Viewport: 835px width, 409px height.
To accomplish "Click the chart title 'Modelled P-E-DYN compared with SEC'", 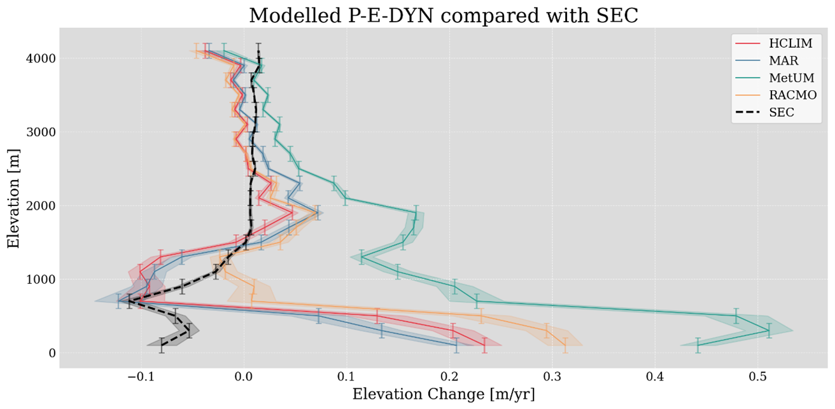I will (443, 15).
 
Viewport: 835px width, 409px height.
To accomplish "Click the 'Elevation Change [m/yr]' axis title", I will (443, 395).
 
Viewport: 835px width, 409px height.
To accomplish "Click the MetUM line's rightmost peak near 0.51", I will (769, 331).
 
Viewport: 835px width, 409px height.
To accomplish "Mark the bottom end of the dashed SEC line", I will (162, 345).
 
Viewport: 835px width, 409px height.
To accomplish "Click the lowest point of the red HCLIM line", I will (484, 345).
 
